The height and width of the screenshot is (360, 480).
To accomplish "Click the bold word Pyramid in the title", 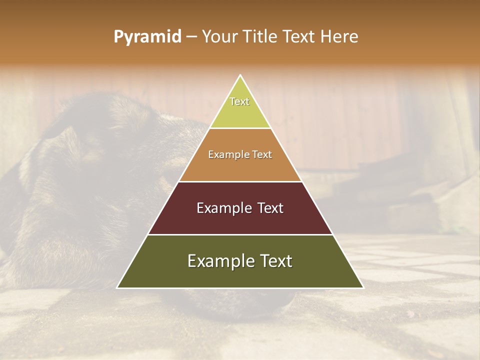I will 147,37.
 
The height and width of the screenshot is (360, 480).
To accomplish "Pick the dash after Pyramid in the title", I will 191,37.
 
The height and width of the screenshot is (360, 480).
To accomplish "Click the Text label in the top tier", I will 239,101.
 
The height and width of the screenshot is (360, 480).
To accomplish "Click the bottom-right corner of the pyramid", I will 362,287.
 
